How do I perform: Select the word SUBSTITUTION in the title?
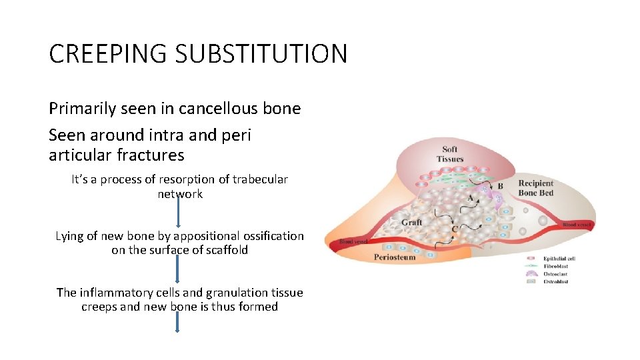[263, 53]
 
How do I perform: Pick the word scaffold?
[225, 250]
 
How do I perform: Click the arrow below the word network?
[179, 215]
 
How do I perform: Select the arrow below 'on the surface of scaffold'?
[178, 270]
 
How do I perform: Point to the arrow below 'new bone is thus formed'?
[178, 323]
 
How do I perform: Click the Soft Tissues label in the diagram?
[450, 154]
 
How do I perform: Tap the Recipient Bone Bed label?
[536, 188]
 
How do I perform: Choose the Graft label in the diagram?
[411, 222]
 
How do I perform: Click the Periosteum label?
[395, 257]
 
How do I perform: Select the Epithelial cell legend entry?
[559, 258]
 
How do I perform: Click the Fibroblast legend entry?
[557, 266]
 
